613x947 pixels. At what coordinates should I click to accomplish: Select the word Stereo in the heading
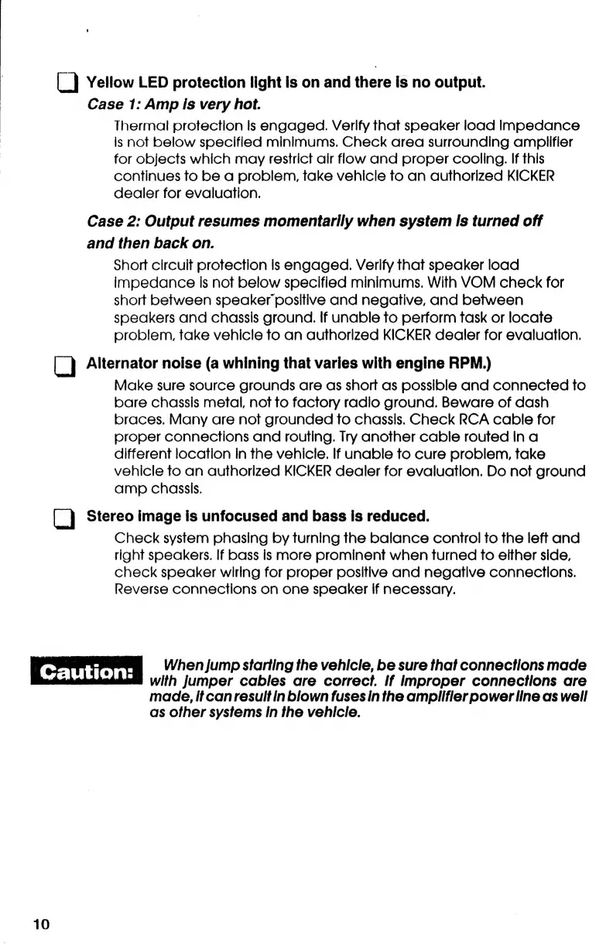tap(109, 516)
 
